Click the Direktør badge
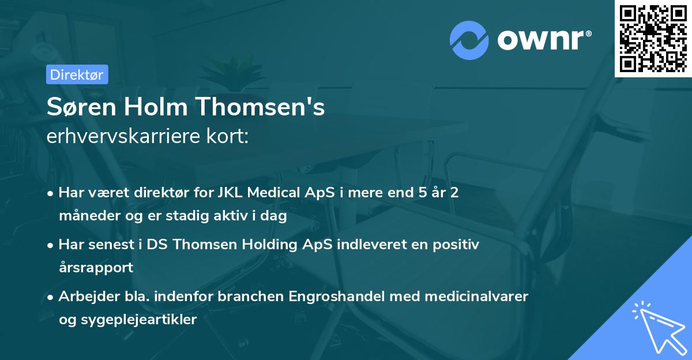tap(77, 74)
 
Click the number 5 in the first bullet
tap(424, 193)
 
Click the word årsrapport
tap(96, 268)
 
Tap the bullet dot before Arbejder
tap(51, 297)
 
